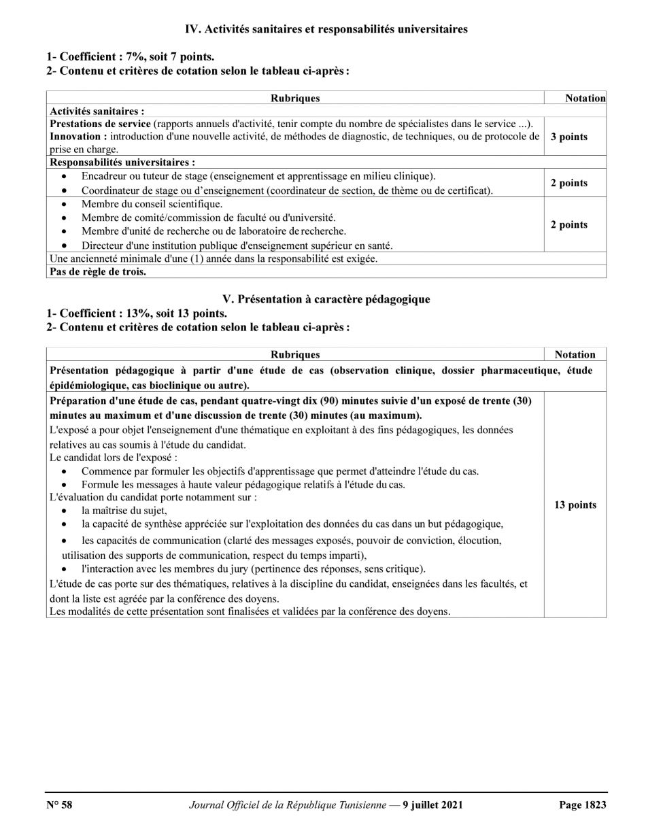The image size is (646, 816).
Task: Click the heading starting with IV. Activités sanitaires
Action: click(326, 29)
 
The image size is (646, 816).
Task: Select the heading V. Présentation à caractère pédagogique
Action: click(326, 300)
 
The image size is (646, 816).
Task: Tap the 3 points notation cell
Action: click(568, 137)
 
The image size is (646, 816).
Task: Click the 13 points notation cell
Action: click(575, 505)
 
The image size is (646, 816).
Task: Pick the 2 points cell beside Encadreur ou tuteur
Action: click(568, 183)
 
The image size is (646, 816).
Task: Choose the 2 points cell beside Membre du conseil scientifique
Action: click(568, 225)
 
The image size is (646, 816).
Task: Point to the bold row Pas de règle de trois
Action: click(99, 271)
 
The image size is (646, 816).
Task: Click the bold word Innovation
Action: click(75, 137)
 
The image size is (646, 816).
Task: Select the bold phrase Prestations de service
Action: click(100, 124)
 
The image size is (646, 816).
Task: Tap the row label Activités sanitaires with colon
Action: click(97, 110)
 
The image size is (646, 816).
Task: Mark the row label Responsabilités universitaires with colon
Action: click(123, 163)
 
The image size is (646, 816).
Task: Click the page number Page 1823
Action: click(582, 805)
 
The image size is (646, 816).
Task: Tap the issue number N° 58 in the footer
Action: click(60, 805)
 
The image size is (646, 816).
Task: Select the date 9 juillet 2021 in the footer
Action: click(432, 805)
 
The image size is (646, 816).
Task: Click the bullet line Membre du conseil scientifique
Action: click(152, 204)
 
